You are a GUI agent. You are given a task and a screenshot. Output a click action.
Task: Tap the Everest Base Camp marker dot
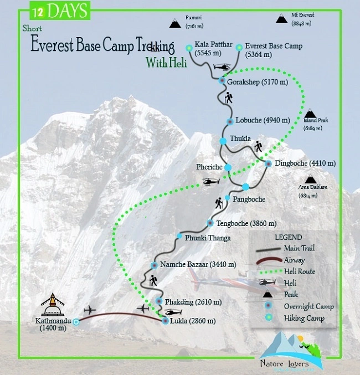tap(239, 48)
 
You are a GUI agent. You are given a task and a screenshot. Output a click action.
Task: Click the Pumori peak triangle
tap(176, 23)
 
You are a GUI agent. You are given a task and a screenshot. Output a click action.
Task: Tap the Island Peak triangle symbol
tap(310, 115)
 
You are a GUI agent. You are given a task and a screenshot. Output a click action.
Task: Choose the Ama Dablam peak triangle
tap(310, 180)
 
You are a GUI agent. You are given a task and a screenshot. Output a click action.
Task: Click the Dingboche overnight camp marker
tap(269, 164)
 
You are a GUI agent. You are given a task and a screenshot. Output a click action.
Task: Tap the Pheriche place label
tap(209, 166)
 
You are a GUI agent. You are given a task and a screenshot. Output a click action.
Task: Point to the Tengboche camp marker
tap(210, 223)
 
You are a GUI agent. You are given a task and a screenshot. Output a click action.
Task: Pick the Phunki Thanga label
tap(208, 238)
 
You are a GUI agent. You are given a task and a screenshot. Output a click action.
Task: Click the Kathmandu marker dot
tap(76, 322)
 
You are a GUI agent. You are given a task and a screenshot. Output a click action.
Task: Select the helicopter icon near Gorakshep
tap(223, 67)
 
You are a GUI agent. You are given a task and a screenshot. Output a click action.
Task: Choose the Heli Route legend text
tap(300, 271)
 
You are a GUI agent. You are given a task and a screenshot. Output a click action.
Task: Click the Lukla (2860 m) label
tap(193, 321)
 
